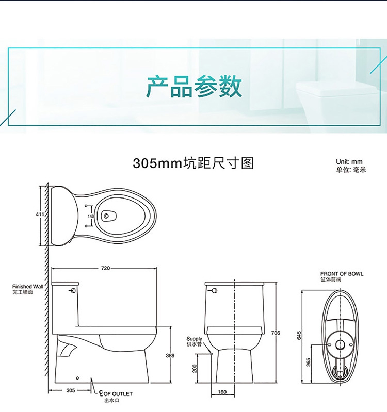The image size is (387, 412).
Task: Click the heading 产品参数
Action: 194,86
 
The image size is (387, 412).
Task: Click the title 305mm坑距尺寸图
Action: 193,163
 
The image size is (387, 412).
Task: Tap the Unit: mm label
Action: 349,162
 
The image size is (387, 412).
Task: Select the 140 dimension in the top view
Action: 91,216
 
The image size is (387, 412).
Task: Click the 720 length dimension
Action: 105,268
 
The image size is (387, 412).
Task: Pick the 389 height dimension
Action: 170,355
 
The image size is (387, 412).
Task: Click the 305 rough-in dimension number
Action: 71,390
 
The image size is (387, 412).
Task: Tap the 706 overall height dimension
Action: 276,333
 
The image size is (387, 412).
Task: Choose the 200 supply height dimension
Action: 195,368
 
